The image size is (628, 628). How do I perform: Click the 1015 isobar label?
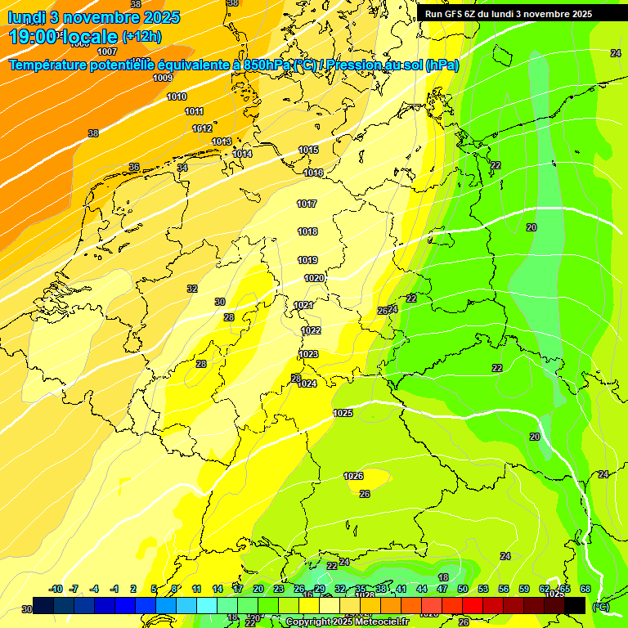click(x=308, y=150)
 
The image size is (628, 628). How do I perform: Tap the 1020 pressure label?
click(x=314, y=278)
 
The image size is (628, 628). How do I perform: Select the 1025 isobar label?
click(x=343, y=413)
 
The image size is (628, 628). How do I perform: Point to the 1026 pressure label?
click(x=353, y=476)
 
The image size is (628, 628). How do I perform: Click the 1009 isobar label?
click(x=163, y=78)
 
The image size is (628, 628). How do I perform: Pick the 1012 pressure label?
click(x=202, y=128)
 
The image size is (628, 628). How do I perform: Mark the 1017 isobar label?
click(x=307, y=204)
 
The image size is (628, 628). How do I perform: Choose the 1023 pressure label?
click(x=308, y=354)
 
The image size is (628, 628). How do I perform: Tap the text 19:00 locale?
click(x=63, y=37)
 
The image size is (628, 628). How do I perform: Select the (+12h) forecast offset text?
click(x=141, y=37)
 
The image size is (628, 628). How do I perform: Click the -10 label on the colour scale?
click(x=56, y=589)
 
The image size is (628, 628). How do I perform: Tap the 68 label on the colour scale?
click(x=585, y=589)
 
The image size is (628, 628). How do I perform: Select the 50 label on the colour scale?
click(x=462, y=589)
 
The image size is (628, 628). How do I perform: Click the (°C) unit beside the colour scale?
click(x=600, y=607)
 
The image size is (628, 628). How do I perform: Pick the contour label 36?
click(x=134, y=167)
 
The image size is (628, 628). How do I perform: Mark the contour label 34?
click(x=182, y=168)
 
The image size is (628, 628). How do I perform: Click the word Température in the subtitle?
click(x=55, y=65)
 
